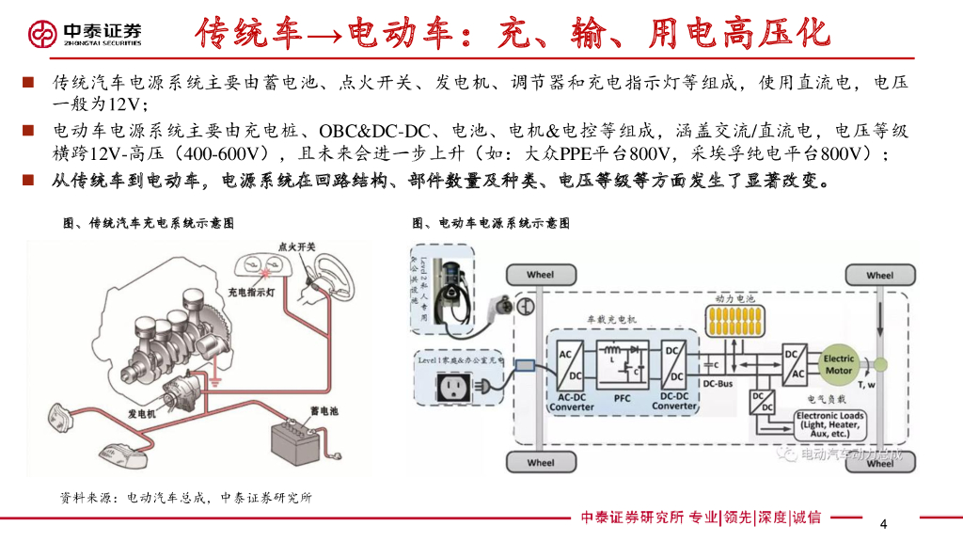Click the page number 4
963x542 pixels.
click(882, 523)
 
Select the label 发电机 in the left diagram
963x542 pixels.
click(142, 413)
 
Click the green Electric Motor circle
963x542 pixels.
click(838, 364)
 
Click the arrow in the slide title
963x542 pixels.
click(324, 36)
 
